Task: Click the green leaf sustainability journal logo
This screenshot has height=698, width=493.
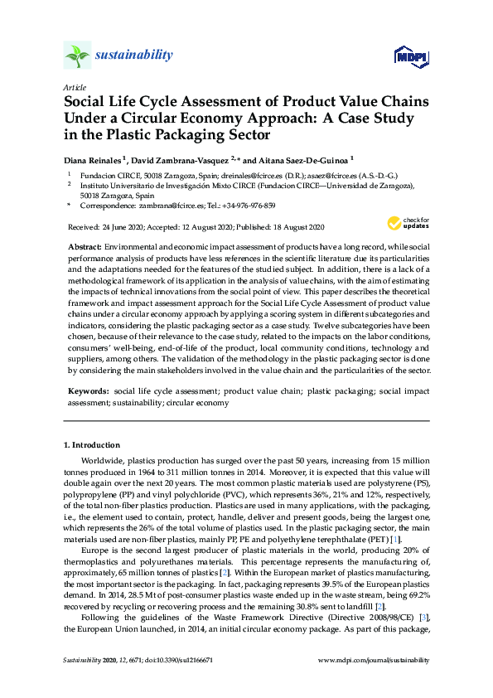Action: (77, 56)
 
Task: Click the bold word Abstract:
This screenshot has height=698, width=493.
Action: (84, 248)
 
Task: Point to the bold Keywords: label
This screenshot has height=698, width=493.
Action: (88, 389)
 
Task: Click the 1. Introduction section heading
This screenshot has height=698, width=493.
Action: (91, 445)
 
